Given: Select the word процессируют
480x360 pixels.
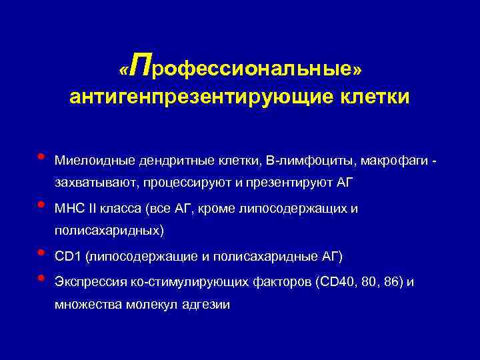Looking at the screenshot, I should (173, 183).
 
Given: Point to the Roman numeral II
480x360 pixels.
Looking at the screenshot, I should (92, 209).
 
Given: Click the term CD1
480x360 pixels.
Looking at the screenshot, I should (67, 257).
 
